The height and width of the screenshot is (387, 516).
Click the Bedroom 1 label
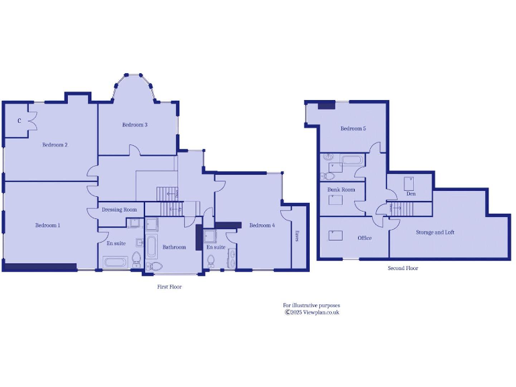48,225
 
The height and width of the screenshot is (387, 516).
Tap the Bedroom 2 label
55,144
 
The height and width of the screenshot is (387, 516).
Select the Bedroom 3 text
135,125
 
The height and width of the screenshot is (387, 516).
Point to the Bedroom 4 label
262,225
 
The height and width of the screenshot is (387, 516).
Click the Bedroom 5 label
353,128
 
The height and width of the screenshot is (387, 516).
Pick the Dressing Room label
120,210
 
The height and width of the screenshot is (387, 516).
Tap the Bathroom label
174,247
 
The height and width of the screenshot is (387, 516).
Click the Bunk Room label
341,190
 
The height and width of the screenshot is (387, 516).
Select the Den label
411,194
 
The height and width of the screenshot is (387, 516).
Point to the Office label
365,238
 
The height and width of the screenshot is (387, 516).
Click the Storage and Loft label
435,232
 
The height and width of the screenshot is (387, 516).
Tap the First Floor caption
169,287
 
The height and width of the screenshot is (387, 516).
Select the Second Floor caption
403,268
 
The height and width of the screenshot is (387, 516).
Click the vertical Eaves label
296,236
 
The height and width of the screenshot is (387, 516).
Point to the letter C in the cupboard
19,121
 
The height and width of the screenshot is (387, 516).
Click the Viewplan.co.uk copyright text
312,312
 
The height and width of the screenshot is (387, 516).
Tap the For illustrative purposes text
311,305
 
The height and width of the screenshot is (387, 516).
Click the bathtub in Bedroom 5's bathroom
351,161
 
